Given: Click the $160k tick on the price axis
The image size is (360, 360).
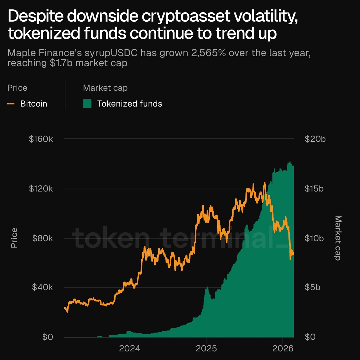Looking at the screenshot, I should pos(41,139).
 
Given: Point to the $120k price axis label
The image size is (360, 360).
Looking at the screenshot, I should pos(41,189).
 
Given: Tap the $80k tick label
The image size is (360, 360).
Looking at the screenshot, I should pos(42,238).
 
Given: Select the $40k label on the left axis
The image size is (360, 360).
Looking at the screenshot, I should pos(42,287).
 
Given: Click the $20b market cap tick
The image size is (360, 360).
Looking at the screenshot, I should pos(315,139).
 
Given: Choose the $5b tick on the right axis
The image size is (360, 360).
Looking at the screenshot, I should pos(312,287).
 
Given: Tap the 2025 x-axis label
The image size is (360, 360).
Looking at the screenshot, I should pos(206,349).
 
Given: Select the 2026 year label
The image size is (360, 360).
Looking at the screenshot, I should pos(283,349).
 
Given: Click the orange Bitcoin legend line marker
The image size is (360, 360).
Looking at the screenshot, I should pos(11,104).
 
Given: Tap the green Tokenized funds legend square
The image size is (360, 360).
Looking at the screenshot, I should pos(87,104).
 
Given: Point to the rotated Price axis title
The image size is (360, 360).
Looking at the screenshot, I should pos(14,238).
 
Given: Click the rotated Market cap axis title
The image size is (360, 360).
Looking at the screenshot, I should pos(338,238).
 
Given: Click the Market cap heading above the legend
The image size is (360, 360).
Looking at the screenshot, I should pos(105,88).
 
